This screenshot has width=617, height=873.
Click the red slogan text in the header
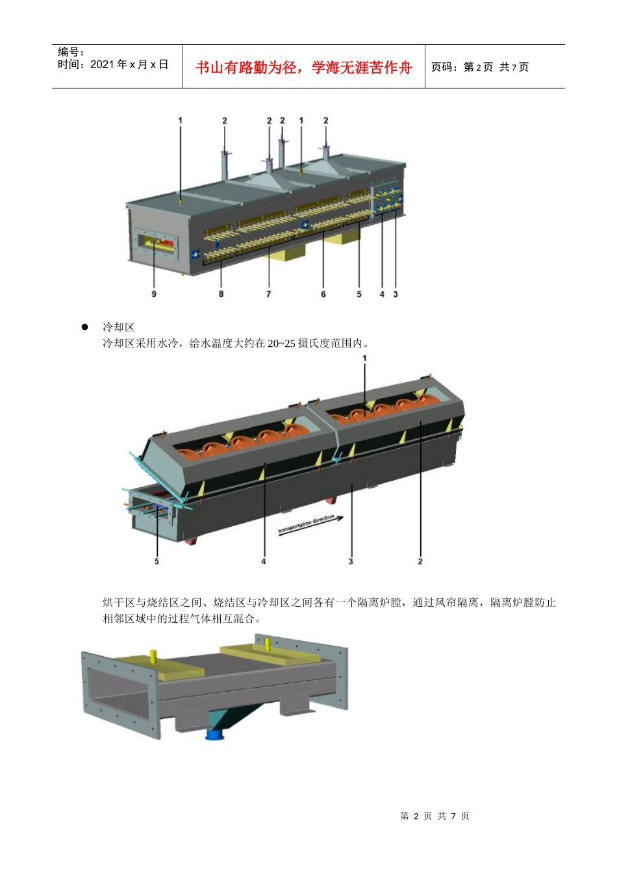[303, 68]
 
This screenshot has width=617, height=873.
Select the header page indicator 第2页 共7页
[480, 67]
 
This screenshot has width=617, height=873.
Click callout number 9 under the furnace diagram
[154, 294]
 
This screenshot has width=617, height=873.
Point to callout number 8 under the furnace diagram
[221, 294]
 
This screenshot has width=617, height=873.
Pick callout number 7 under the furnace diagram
[269, 294]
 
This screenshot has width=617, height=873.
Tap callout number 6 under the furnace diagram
[323, 294]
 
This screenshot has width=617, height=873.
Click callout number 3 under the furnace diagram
[396, 294]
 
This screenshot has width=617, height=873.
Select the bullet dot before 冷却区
[84, 327]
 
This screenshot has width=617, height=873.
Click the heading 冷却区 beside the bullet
[118, 327]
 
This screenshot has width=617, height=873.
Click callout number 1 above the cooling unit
[364, 358]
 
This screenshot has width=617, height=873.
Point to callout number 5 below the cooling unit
[157, 561]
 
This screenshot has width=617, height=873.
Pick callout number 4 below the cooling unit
[264, 561]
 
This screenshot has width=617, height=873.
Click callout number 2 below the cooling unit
[420, 561]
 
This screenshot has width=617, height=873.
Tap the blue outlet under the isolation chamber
[214, 735]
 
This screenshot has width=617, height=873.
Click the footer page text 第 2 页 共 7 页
[434, 816]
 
